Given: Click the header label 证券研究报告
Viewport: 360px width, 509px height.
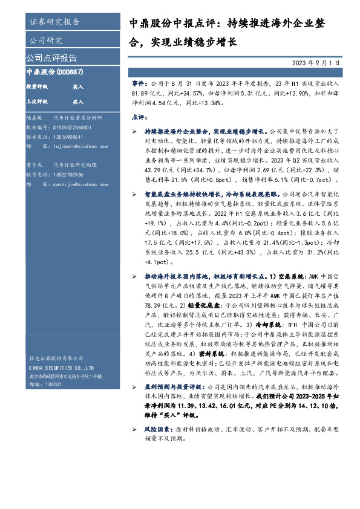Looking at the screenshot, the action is click(x=54, y=23).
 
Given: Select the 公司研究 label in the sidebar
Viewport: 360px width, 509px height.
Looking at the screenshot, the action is click(x=46, y=41).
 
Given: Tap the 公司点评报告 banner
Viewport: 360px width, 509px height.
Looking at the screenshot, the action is click(x=51, y=59).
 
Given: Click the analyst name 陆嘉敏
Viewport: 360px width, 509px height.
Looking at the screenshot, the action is click(x=34, y=118).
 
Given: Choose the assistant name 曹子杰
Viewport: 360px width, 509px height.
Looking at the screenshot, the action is click(x=34, y=164).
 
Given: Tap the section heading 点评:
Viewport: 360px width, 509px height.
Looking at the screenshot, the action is click(x=140, y=117).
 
